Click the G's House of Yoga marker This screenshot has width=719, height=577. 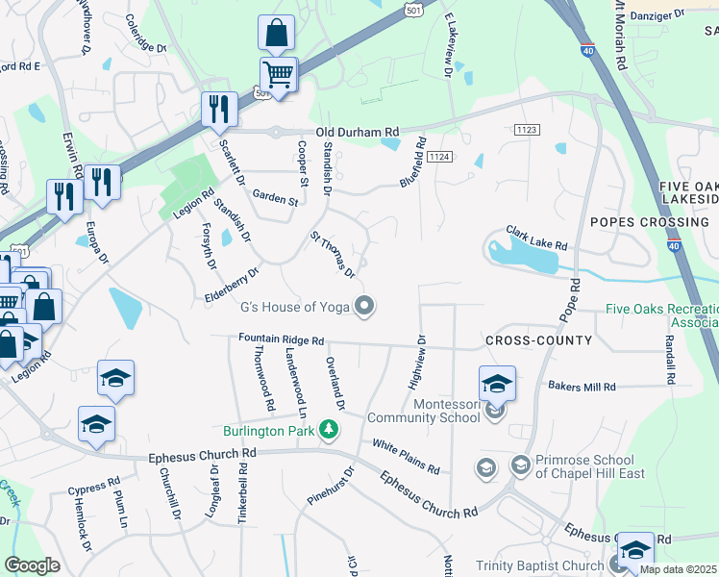click(x=364, y=307)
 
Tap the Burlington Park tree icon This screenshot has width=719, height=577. click(x=330, y=428)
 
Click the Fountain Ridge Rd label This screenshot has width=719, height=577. click(x=282, y=339)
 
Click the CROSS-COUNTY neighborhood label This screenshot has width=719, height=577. click(x=537, y=341)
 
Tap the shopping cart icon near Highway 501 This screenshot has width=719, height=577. click(x=278, y=73)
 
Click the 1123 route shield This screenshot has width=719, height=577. click(x=527, y=129)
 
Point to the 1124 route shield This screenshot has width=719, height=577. click(x=440, y=156)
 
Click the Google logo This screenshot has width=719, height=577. click(x=32, y=565)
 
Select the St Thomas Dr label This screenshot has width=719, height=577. click(x=332, y=251)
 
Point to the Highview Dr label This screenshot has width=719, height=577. click(x=417, y=362)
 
